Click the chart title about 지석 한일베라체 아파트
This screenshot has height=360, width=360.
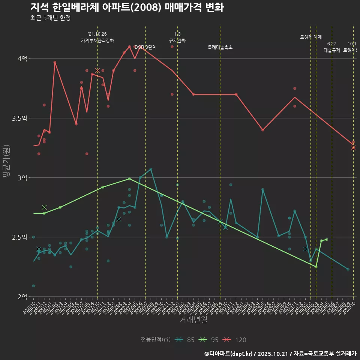click(x=127, y=7)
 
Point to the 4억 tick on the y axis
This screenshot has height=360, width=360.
click(x=22, y=58)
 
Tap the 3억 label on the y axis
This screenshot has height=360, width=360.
click(x=22, y=177)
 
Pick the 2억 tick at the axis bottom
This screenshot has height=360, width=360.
click(x=22, y=297)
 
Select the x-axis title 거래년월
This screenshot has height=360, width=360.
click(x=193, y=320)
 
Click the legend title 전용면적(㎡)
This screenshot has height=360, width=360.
click(x=156, y=340)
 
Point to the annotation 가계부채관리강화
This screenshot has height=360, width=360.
click(x=97, y=40)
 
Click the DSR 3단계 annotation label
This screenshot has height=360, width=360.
click(x=145, y=47)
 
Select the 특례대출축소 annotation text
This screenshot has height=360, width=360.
click(x=220, y=47)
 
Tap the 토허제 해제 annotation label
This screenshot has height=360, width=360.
click(x=311, y=37)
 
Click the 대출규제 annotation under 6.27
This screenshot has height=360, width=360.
click(x=332, y=50)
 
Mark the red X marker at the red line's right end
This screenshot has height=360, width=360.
click(x=353, y=148)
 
